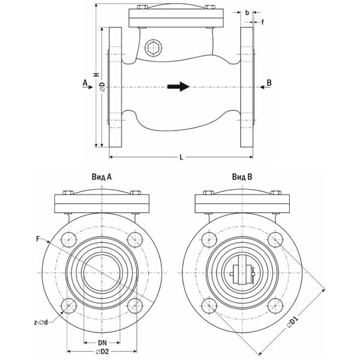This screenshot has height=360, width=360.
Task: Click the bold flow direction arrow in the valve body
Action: coord(178,86)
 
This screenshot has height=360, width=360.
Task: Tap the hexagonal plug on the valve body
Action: coord(153,48)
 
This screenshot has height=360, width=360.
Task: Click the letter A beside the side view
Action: coord(85,82)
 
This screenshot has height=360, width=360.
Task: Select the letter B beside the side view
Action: coord(269,82)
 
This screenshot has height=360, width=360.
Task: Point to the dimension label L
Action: coord(181,157)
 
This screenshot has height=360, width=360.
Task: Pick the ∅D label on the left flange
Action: coord(102,86)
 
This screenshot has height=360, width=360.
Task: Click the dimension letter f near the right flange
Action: coord(262,23)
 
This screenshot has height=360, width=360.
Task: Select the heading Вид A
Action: coord(102,177)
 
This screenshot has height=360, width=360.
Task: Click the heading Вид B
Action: coord(242,177)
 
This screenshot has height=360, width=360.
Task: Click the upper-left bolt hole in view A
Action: coord(69,236)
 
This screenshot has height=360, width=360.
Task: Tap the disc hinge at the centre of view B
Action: coord(241,270)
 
